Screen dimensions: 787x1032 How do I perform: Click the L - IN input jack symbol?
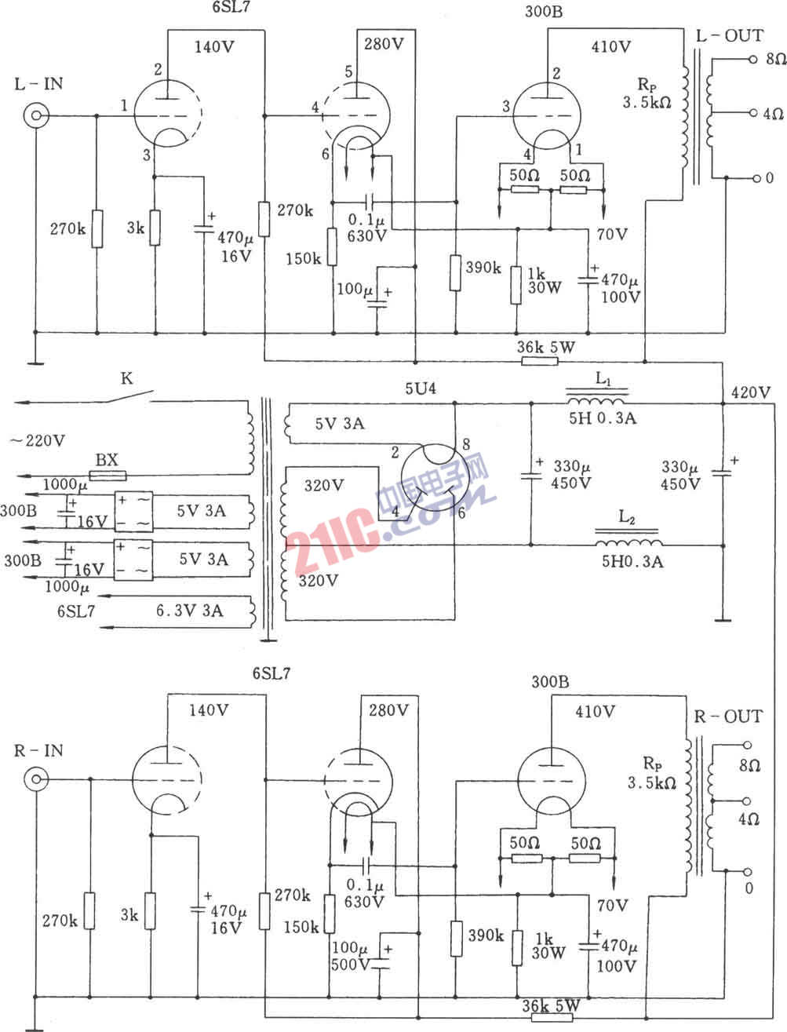tap(36, 115)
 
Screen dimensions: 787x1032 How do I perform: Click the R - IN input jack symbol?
tap(36, 779)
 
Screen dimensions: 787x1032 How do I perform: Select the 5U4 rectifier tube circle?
tap(435, 478)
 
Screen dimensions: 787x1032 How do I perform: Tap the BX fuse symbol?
tap(107, 476)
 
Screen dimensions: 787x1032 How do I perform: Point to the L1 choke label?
tap(603, 378)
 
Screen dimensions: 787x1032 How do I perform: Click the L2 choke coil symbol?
tap(629, 542)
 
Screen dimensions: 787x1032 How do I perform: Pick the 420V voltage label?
tap(750, 392)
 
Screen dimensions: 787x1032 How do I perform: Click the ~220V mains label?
tap(37, 440)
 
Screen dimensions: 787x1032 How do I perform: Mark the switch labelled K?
tap(128, 397)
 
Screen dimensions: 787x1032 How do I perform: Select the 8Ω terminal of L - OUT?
tap(752, 59)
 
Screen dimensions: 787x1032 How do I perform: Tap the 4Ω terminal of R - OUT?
tap(747, 801)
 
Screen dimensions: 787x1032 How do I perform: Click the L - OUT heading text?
tap(730, 35)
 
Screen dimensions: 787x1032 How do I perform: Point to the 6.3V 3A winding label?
tap(190, 611)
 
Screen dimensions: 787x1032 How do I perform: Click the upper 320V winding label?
tap(324, 485)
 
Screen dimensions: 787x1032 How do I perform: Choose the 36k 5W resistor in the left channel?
tap(540, 361)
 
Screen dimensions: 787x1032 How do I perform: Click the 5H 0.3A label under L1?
tap(603, 418)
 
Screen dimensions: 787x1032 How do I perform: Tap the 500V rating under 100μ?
tap(350, 965)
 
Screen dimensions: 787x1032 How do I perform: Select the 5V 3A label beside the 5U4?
tap(340, 423)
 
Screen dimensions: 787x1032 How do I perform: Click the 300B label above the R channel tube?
tap(550, 681)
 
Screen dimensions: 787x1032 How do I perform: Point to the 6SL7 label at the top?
tap(231, 6)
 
